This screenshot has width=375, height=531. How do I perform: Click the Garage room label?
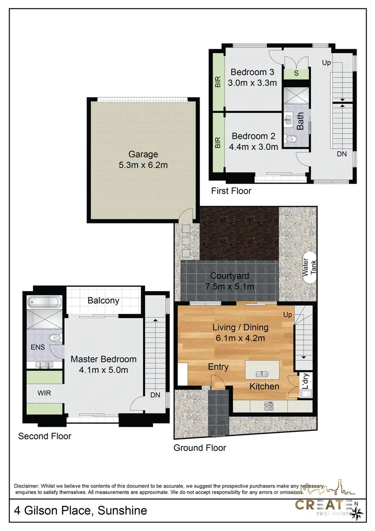click(142, 154)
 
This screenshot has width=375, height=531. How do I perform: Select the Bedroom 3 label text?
click(252, 72)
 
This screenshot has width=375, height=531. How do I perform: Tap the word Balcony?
click(103, 301)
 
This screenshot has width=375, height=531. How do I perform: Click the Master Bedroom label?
click(103, 359)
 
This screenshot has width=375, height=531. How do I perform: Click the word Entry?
click(218, 367)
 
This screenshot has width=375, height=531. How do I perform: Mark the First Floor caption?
click(230, 191)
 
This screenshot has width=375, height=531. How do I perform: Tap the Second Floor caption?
click(44, 436)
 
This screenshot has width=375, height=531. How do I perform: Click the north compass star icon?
click(357, 512)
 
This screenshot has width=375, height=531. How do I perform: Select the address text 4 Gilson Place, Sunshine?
click(80, 510)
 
